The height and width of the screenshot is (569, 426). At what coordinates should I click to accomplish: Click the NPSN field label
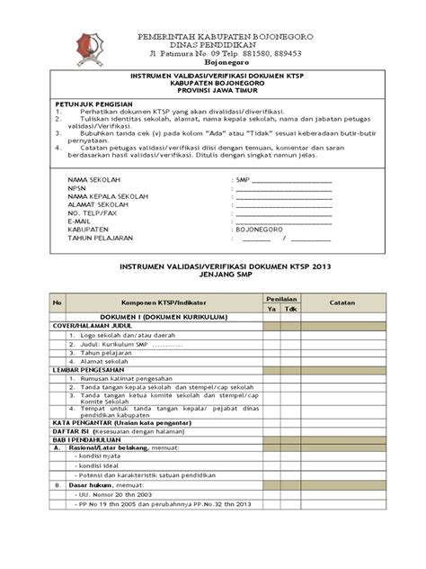click(79, 188)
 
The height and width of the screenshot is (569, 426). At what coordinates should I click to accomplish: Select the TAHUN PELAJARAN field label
click(100, 239)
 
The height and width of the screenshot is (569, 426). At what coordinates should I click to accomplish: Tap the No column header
click(57, 303)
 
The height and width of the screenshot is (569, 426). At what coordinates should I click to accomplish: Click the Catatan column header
click(342, 303)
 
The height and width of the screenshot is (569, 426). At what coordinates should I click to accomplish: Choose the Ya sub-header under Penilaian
click(269, 309)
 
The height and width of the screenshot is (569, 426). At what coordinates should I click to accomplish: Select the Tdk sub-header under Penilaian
click(288, 309)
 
